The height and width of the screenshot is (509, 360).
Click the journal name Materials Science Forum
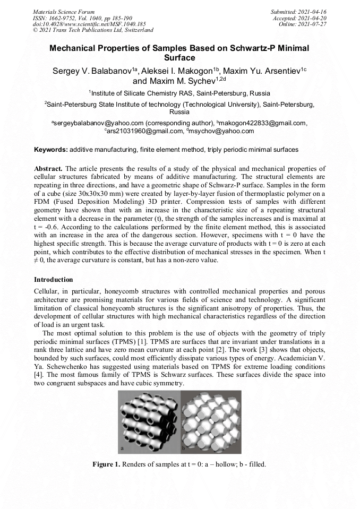pyautogui.click(x=64, y=11)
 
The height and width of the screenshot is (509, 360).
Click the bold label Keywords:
pyautogui.click(x=51, y=150)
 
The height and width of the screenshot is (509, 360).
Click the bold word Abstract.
pyautogui.click(x=49, y=168)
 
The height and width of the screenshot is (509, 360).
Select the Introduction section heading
pyautogui.click(x=54, y=279)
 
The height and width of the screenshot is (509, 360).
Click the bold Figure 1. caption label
pyautogui.click(x=107, y=464)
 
